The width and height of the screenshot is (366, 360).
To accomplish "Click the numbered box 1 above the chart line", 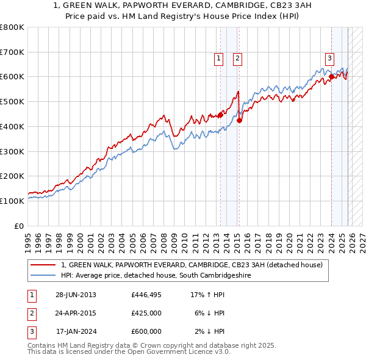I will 218,59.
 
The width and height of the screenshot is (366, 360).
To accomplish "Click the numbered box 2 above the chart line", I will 237,59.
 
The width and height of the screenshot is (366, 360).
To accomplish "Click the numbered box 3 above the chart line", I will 329,59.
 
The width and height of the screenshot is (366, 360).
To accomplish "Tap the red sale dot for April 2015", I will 239,120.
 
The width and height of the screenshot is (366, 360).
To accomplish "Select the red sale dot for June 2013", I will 220,115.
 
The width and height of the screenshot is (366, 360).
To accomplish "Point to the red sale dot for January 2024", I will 331,76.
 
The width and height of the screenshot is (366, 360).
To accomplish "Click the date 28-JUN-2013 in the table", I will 76,295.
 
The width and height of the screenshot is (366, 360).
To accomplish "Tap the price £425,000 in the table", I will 146,313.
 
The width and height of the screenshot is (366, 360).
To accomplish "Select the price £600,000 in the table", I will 146,331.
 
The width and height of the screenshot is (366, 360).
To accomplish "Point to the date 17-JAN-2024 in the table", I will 76,331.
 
